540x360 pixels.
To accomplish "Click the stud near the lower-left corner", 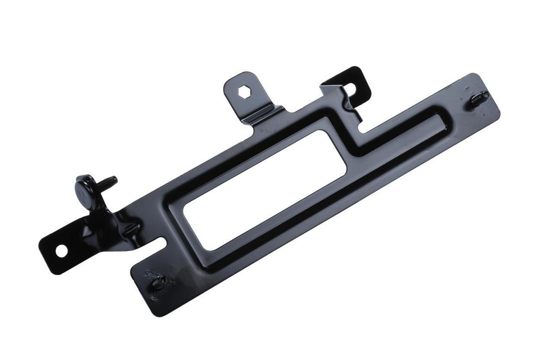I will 157,281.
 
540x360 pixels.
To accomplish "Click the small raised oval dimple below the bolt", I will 130,228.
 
